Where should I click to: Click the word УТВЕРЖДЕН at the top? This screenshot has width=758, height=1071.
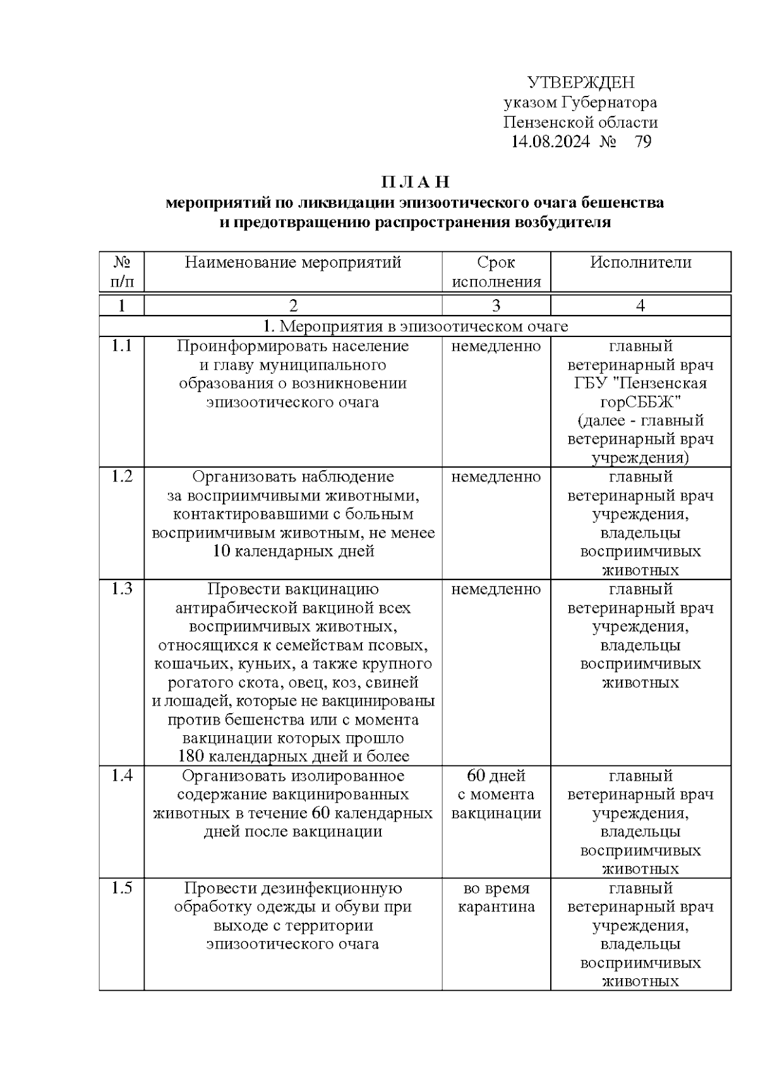tap(581, 83)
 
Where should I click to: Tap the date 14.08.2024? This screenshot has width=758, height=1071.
tap(550, 141)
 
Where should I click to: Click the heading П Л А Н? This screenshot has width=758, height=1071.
tap(415, 182)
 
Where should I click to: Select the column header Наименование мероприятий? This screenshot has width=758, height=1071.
tap(293, 263)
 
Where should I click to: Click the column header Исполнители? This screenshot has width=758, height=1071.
tap(641, 263)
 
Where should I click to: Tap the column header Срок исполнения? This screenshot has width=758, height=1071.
tap(496, 272)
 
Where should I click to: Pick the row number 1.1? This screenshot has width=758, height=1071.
tap(122, 346)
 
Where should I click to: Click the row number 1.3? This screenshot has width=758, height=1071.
tap(122, 589)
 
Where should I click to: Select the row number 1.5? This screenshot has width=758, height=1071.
tap(122, 888)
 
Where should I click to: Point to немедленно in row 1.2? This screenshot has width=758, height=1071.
tap(496, 477)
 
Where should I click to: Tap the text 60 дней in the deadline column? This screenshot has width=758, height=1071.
tap(496, 776)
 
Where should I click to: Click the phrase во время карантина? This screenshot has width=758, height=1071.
tap(496, 897)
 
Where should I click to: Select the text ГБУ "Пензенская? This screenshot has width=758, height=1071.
tap(641, 383)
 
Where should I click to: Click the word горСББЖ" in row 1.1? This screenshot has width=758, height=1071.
tap(641, 402)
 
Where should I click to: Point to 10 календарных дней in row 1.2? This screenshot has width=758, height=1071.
tap(293, 551)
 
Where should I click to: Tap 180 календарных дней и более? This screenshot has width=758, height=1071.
tap(293, 756)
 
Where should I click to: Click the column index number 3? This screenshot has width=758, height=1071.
tap(496, 306)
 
